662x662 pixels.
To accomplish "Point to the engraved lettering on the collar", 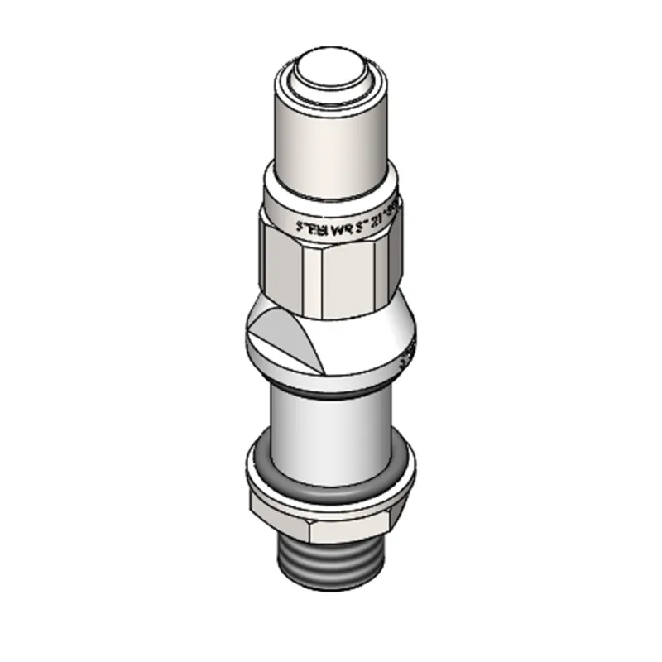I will (348, 219).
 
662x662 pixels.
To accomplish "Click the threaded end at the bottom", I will (331, 567).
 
